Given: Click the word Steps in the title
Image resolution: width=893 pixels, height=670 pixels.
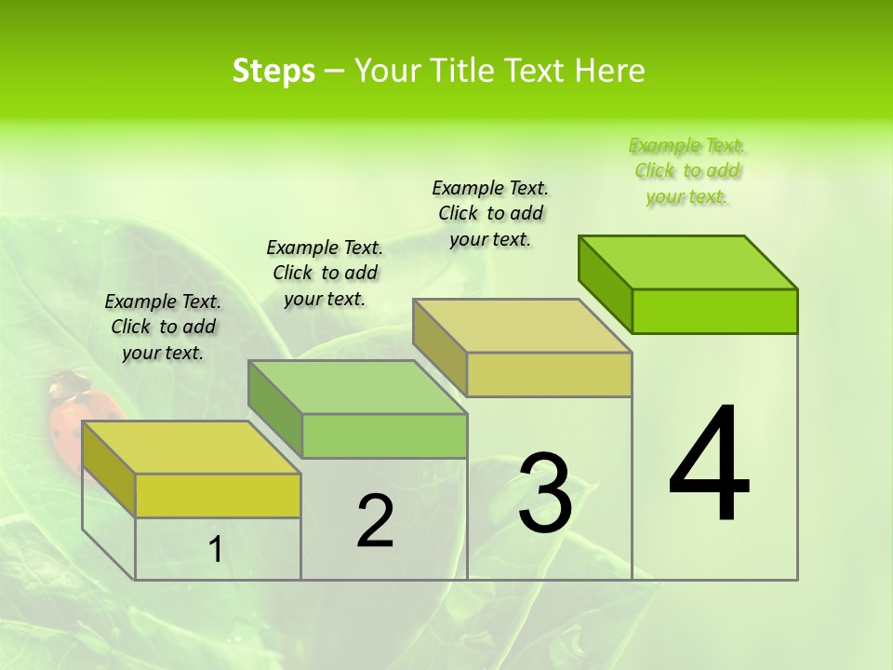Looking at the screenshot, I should click(x=273, y=72).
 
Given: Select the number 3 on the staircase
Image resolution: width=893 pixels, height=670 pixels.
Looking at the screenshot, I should click(x=545, y=493).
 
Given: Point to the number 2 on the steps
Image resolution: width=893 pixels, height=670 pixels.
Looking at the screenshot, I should click(x=375, y=521).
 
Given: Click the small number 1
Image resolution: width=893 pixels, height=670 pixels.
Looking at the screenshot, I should click(x=216, y=550).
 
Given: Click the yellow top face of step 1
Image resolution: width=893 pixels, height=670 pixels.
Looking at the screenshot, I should click(x=192, y=448).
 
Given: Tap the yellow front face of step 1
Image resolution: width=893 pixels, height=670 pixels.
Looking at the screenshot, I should click(x=218, y=495).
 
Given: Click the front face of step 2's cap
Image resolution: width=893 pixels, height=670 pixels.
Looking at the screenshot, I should click(x=384, y=435).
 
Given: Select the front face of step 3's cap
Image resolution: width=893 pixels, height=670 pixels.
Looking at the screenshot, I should click(x=549, y=374).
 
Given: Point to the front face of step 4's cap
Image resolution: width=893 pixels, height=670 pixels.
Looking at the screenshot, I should click(x=714, y=311).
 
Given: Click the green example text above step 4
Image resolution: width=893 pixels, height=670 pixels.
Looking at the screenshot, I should click(x=687, y=170).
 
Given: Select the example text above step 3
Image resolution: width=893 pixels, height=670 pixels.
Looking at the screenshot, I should click(x=490, y=213).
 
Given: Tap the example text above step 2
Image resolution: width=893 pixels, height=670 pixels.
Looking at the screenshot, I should click(x=325, y=273).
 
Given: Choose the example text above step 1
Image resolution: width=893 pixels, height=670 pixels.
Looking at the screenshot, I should click(x=163, y=327).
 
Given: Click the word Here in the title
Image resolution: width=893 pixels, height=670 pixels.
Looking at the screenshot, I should click(x=609, y=72).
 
